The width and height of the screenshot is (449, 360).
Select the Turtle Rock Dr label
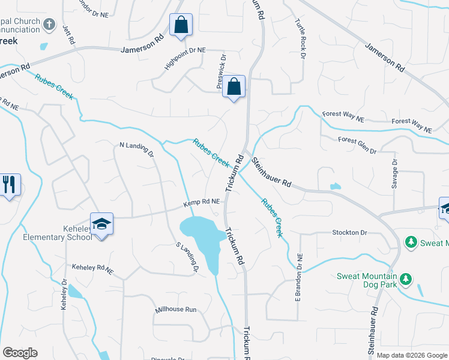(x=300, y=38)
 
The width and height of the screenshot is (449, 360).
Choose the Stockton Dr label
(x=349, y=232)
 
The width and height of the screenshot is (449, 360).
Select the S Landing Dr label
(x=187, y=257)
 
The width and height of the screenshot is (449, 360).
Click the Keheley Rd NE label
(x=92, y=269)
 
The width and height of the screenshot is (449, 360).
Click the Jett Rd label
(x=68, y=35)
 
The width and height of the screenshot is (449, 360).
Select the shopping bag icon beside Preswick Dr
(x=234, y=87)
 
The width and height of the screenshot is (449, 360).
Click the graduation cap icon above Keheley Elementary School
(x=101, y=223)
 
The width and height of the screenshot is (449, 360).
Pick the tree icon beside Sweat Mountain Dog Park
(x=406, y=279)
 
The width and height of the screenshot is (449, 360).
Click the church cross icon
(x=50, y=25)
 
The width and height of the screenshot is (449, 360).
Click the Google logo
(x=20, y=353)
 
